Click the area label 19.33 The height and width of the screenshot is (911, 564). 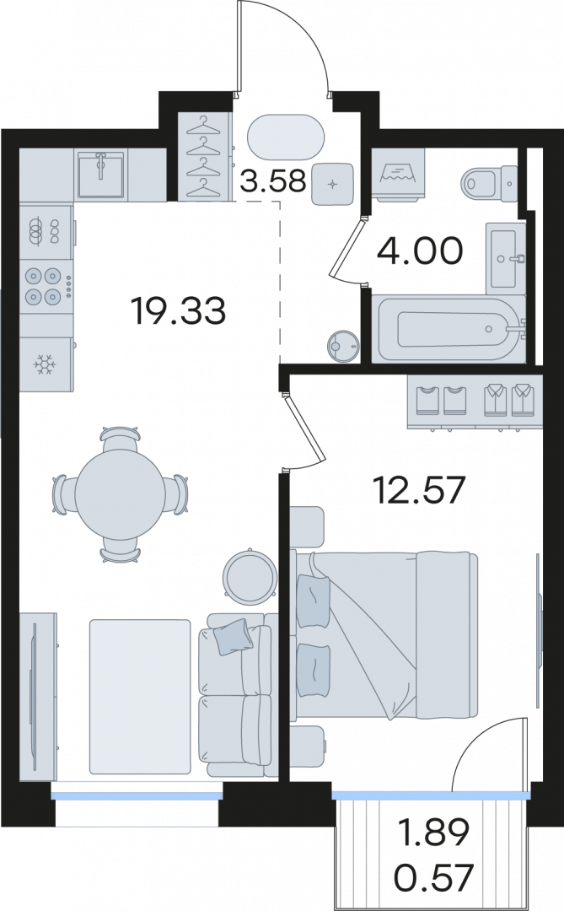pos(179,310)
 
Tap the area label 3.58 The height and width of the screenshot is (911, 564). pos(272,181)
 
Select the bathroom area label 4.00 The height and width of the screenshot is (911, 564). pos(420,251)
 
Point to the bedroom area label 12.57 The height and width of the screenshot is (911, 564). pos(419,490)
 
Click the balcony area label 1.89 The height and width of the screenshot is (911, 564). pos(432,832)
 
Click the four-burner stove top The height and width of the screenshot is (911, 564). pos(46,286)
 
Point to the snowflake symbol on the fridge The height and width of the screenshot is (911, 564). pos(44,365)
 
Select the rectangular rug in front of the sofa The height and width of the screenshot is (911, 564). pos(140,697)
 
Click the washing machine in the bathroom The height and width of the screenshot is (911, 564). pos(399,175)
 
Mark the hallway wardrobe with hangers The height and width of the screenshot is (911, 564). pos(203,157)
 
